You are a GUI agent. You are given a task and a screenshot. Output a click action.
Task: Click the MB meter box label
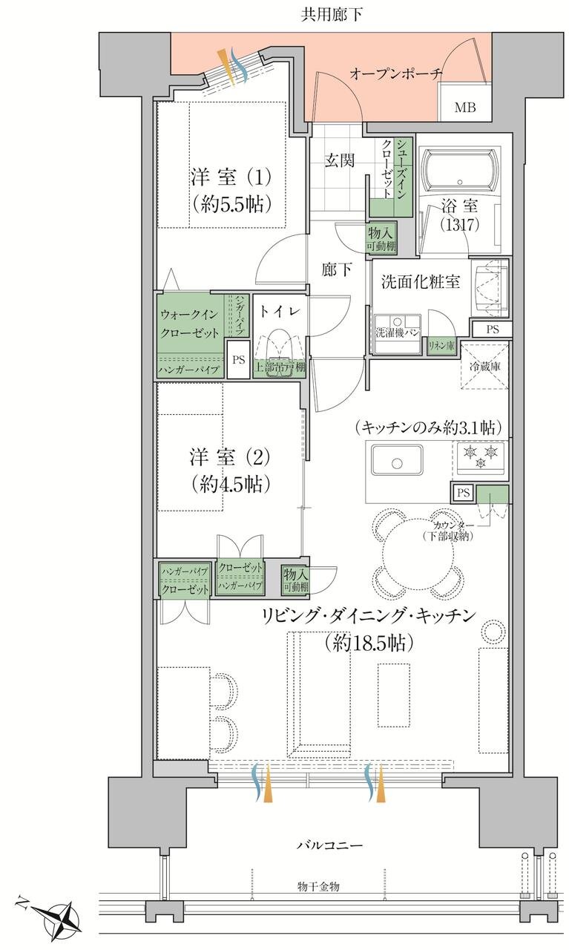click(x=465, y=108)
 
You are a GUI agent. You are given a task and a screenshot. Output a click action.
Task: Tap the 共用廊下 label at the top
click(x=332, y=13)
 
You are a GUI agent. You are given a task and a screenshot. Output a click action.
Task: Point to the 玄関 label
click(x=338, y=160)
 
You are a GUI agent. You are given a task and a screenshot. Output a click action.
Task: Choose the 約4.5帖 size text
click(x=231, y=485)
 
